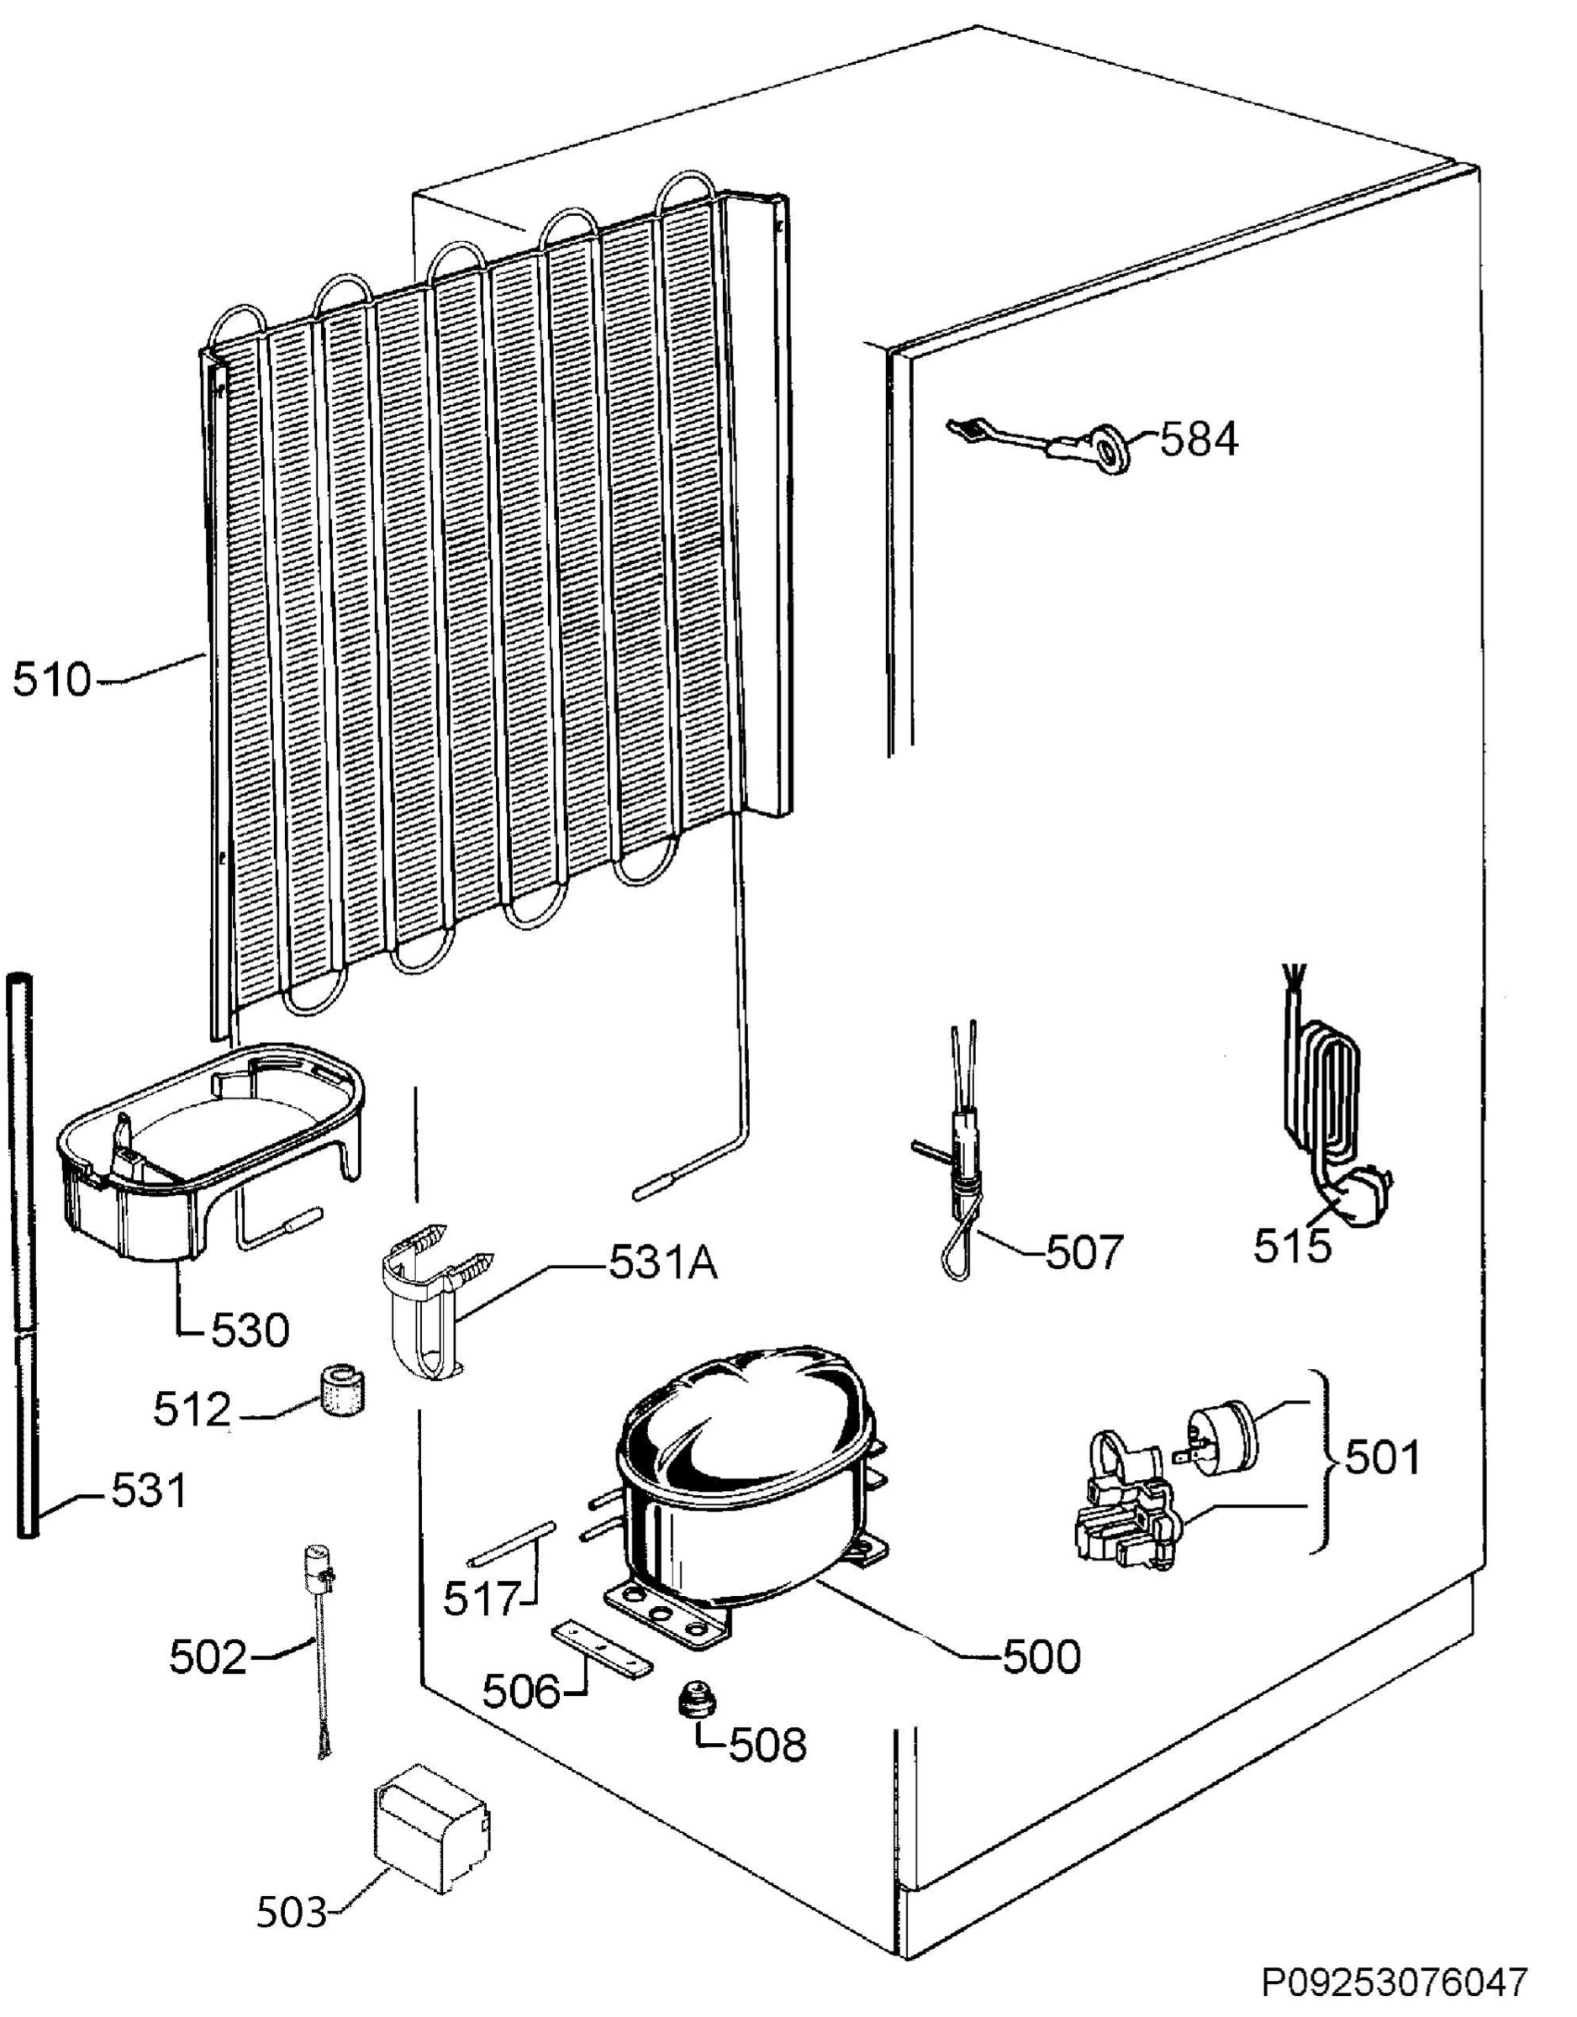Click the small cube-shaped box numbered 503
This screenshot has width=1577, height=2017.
click(x=430, y=1828)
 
